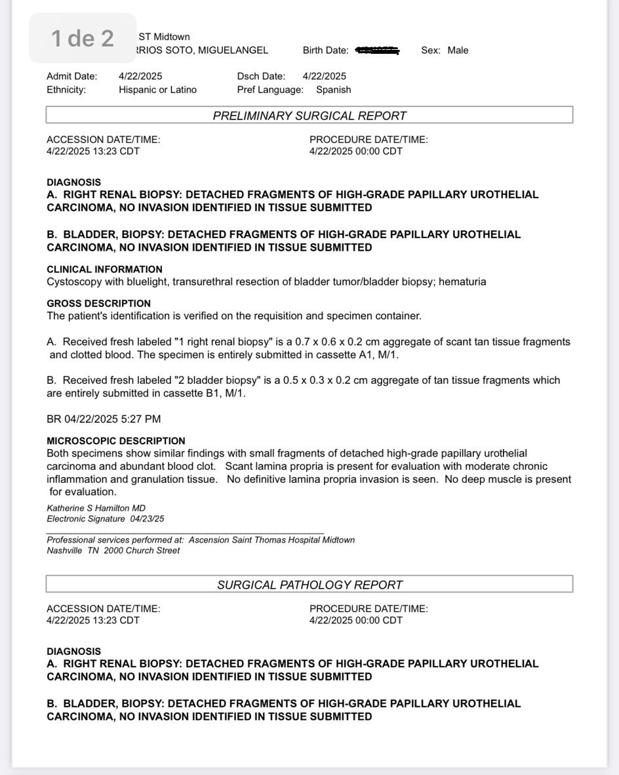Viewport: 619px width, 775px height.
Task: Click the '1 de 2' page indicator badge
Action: coord(82,38)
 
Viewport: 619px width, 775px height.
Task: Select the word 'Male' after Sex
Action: coord(458,51)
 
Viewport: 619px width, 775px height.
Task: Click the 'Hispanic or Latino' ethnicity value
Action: coord(157,90)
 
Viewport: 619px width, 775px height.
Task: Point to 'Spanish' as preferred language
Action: coord(333,90)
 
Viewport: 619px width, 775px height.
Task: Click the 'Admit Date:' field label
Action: coord(72,76)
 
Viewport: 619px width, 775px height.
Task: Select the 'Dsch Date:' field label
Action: coord(261,76)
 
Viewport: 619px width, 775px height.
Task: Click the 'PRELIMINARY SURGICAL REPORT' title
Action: coord(309,116)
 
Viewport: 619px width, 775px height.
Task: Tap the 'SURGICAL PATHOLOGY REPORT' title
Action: coord(309,585)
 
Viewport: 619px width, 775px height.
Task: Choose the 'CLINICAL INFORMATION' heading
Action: coord(104,269)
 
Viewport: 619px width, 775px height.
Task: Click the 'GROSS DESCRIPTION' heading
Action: coord(98,303)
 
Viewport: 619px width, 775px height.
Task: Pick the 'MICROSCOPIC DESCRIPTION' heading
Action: coord(116,441)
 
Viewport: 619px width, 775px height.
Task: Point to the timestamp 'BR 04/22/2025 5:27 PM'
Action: coord(104,419)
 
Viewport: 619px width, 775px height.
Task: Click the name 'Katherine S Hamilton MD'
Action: coord(96,508)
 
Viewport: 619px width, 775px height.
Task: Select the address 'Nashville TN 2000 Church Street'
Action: coord(113,551)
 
